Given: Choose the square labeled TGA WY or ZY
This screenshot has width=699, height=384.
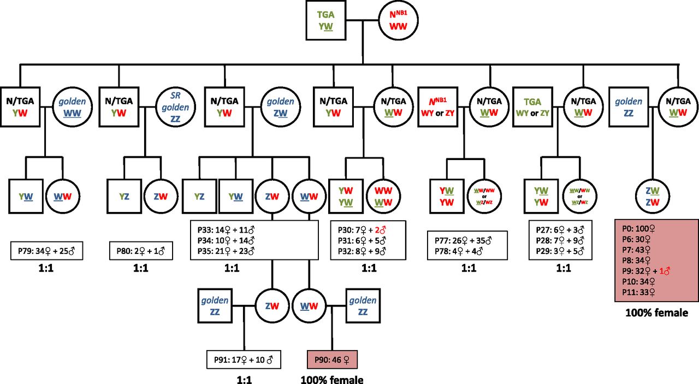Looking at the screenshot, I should point(532,102).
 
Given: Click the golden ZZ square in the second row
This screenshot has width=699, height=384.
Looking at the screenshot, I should point(627,102).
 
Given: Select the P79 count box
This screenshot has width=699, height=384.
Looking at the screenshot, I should point(46,252).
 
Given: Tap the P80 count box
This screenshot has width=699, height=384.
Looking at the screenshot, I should point(141,252).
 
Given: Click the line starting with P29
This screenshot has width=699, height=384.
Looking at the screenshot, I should point(563,251).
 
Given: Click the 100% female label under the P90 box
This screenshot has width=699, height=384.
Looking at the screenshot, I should point(332,379).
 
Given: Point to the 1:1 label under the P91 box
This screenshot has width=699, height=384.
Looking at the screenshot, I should point(239,379).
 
